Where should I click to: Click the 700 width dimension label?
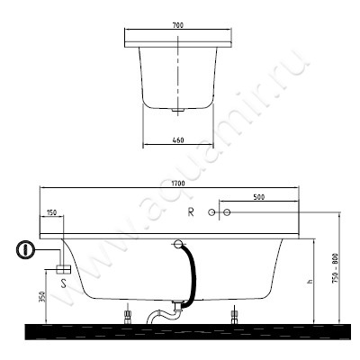[x=178, y=25]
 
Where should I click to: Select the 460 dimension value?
[x=178, y=140]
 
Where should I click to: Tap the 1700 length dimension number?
[x=178, y=184]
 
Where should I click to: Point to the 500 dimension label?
[x=259, y=197]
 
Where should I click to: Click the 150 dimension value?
[x=51, y=212]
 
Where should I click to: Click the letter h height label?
[x=310, y=282]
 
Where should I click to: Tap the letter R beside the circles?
[x=191, y=212]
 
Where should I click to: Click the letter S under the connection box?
[x=64, y=283]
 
